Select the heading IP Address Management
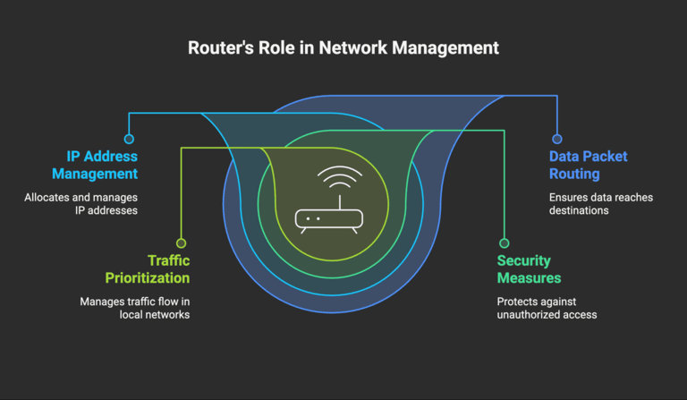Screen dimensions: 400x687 point(95,165)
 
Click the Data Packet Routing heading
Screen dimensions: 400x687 point(588,165)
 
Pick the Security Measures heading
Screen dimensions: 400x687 point(529,269)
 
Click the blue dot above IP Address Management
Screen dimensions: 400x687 point(129,139)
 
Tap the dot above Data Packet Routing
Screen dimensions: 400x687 point(556,139)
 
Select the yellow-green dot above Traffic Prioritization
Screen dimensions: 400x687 point(181,243)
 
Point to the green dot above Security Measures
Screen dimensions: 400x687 point(504,243)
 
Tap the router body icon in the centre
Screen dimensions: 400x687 point(328,218)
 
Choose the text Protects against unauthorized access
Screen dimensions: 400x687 point(546,308)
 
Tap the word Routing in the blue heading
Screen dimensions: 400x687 point(576,174)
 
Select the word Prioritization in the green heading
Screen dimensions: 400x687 point(145,278)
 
